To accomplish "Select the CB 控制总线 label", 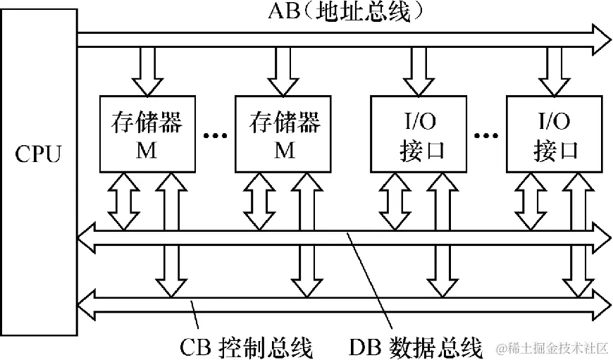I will tap(246, 347).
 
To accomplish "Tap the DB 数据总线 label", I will tap(416, 347).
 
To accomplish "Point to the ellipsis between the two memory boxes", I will tap(215, 134).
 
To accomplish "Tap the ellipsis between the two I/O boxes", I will tap(487, 134).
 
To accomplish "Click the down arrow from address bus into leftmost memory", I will tap(147, 70).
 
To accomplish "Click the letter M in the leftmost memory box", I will tap(147, 150).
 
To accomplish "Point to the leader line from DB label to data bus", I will tap(366, 282).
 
